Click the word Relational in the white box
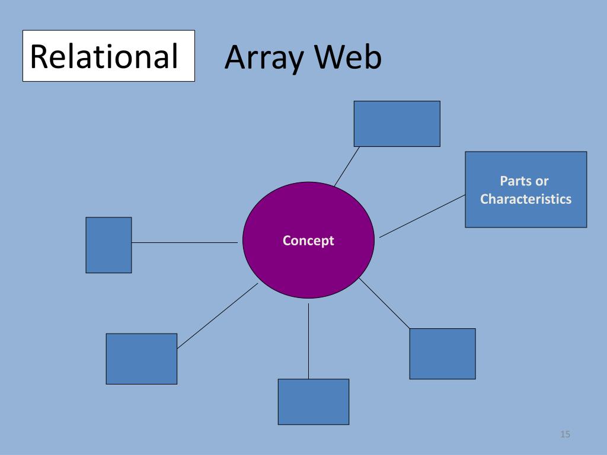pyautogui.click(x=104, y=56)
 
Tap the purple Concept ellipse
pyautogui.click(x=308, y=267)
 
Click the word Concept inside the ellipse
pyautogui.click(x=308, y=241)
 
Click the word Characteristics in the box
pyautogui.click(x=526, y=199)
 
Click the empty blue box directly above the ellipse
pyautogui.click(x=397, y=123)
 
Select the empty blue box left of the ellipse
pyautogui.click(x=108, y=245)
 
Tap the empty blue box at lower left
pyautogui.click(x=141, y=358)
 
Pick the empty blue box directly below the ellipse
pyautogui.click(x=313, y=402)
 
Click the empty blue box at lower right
pyautogui.click(x=442, y=353)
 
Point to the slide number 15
pyautogui.click(x=564, y=435)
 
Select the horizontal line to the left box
pyautogui.click(x=184, y=242)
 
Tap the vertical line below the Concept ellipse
pyautogui.click(x=308, y=341)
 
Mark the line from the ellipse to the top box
pyautogui.click(x=347, y=166)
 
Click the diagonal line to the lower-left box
pyautogui.click(x=218, y=315)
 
